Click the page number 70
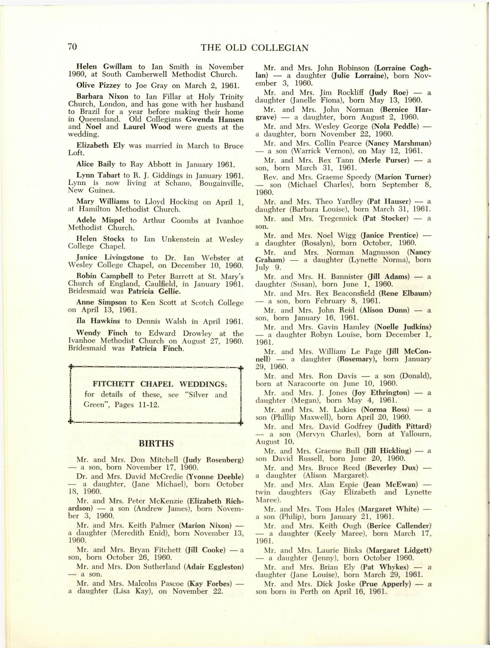tap(72, 47)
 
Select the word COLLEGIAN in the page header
tap(280, 48)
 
